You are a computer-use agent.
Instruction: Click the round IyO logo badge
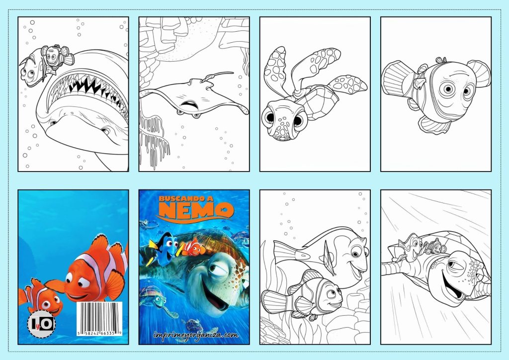[x=40, y=325]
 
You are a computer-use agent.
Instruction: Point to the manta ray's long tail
[x=219, y=76]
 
